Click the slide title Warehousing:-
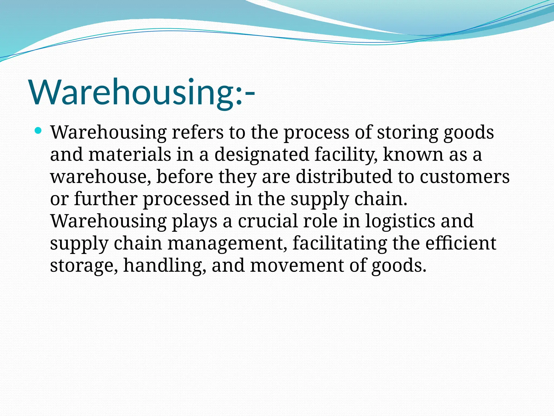tap(142, 92)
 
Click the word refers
tap(198, 132)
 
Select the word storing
tap(407, 132)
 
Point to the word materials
tap(130, 155)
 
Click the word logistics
tap(400, 221)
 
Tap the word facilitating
tap(339, 243)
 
